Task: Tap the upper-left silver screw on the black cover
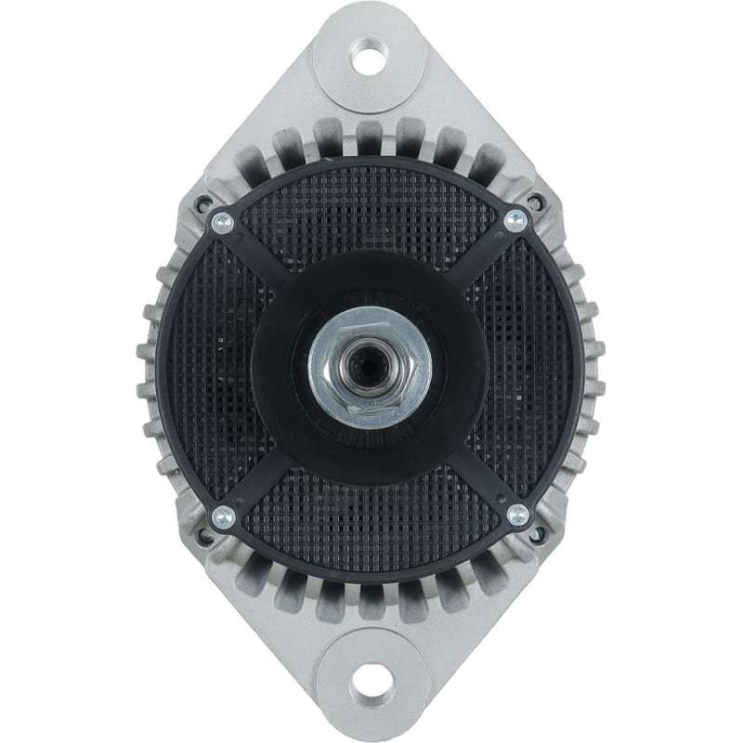pos(222,222)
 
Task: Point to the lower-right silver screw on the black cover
pos(518,514)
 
